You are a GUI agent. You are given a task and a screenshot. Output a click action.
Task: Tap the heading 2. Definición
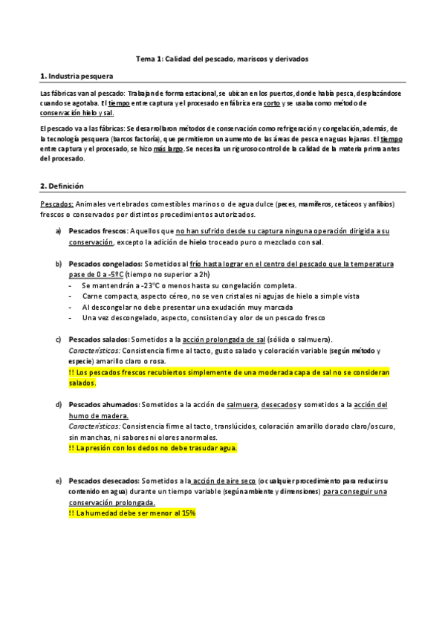pos(62,185)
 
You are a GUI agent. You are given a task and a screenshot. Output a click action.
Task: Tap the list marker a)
pos(58,232)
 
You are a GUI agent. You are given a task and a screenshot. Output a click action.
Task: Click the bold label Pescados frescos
pos(98,232)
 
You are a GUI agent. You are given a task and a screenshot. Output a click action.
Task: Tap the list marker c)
pos(58,340)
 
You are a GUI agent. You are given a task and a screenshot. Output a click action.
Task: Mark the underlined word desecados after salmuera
pos(277,405)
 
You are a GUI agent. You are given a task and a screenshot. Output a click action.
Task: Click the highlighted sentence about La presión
pos(152,448)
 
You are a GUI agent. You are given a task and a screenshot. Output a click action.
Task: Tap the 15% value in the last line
pos(186,513)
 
